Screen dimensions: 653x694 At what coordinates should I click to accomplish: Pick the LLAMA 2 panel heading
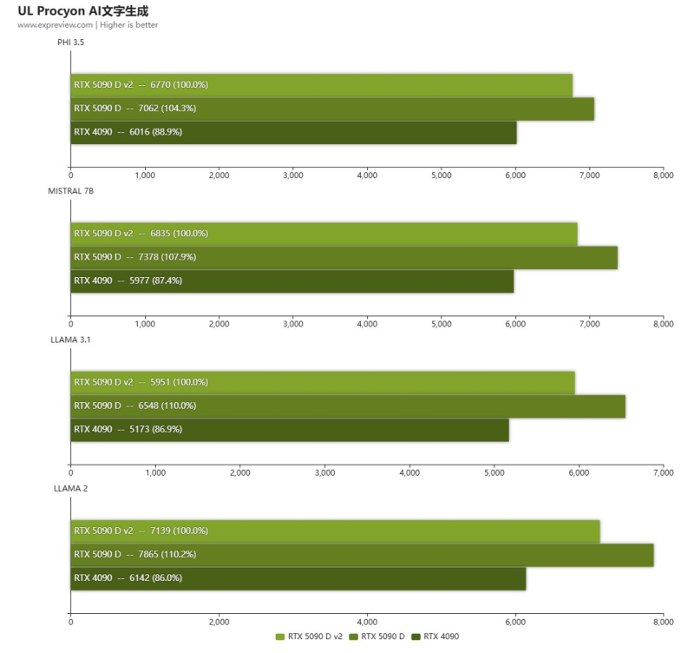pyautogui.click(x=70, y=488)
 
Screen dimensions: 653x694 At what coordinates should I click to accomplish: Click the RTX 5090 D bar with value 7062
pyautogui.click(x=332, y=109)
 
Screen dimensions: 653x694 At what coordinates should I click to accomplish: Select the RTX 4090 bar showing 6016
pyautogui.click(x=293, y=132)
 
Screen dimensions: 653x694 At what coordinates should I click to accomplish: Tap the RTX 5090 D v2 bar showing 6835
pyautogui.click(x=324, y=234)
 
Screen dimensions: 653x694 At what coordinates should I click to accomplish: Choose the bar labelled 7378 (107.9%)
pyautogui.click(x=344, y=257)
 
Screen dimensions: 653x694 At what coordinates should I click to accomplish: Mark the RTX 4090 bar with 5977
pyautogui.click(x=291, y=280)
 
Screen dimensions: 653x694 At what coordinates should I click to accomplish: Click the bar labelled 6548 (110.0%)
pyautogui.click(x=347, y=406)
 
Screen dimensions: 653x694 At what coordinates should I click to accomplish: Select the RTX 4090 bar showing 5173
pyautogui.click(x=289, y=429)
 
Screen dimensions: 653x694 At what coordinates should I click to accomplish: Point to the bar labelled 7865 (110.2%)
pyautogui.click(x=362, y=554)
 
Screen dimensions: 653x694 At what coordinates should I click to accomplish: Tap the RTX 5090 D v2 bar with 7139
pyautogui.click(x=335, y=531)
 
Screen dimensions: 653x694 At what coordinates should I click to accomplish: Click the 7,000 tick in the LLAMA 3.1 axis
pyautogui.click(x=663, y=473)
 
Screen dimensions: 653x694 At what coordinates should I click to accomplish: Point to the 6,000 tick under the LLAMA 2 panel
pyautogui.click(x=515, y=622)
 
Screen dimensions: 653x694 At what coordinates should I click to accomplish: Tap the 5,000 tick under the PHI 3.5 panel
pyautogui.click(x=441, y=175)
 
